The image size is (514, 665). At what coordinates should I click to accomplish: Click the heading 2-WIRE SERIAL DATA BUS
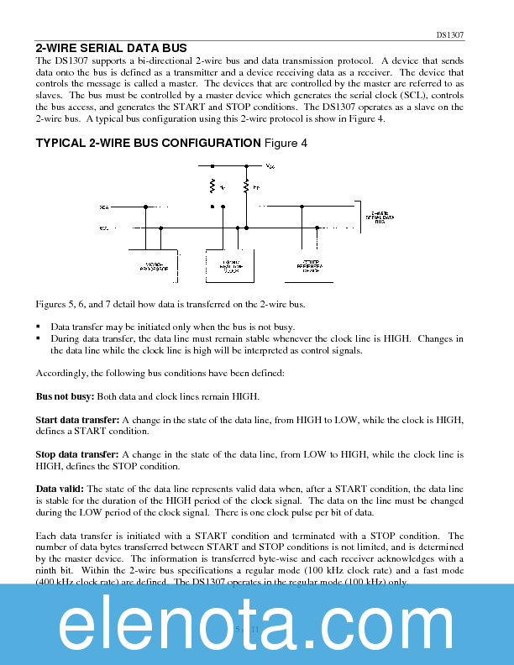coord(111,48)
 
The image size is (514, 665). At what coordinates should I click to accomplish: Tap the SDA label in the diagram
coord(104,206)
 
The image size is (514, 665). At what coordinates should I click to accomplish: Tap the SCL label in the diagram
coord(104,228)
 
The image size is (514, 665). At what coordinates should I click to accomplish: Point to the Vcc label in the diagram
coord(270,166)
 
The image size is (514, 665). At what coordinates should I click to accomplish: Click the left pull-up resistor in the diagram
coord(213,186)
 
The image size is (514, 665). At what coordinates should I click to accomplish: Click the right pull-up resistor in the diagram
coord(246,186)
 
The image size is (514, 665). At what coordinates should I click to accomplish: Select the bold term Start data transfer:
coord(77,419)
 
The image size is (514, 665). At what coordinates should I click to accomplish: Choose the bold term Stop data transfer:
coord(77,454)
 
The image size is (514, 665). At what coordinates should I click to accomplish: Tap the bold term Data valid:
coord(58,490)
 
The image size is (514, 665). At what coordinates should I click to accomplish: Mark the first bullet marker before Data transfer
coord(39,327)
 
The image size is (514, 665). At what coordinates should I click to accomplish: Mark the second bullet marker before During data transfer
coord(39,338)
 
